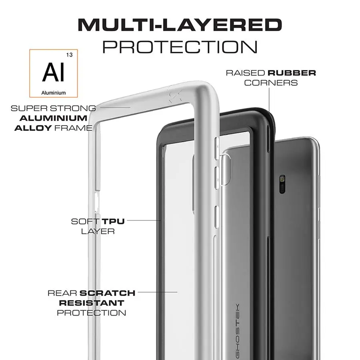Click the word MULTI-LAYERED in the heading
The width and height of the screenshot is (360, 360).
(180, 25)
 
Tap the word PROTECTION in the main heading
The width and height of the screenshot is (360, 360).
(180, 47)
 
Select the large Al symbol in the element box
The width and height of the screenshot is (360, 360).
(54, 72)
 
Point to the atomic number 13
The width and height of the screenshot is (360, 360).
(69, 55)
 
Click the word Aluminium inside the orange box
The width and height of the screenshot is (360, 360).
(54, 93)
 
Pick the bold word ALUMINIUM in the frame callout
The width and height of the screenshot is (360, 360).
(54, 118)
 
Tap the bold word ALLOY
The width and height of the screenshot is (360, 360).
(33, 128)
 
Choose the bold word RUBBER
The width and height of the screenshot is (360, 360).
(292, 73)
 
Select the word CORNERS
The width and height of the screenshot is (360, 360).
(271, 83)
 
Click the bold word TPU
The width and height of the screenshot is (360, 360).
(113, 221)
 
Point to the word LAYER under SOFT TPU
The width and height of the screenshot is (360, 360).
(98, 231)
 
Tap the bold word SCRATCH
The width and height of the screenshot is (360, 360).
(107, 293)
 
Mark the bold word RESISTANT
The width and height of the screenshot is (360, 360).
(91, 303)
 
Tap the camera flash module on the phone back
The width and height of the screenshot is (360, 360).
(282, 184)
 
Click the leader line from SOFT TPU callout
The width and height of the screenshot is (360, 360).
(144, 220)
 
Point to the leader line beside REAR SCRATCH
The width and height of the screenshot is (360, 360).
(158, 292)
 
